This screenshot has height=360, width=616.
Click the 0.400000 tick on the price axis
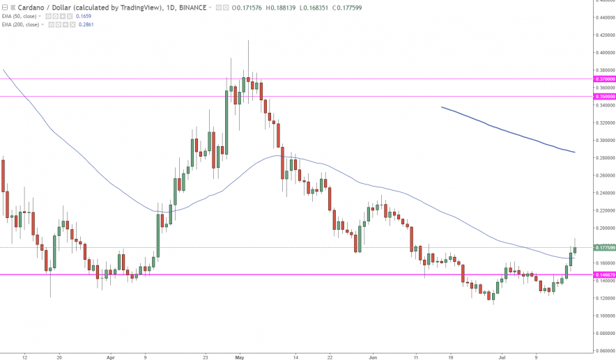(x=603, y=53)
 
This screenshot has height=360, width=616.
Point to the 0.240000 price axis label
(x=603, y=193)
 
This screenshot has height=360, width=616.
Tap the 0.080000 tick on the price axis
(x=603, y=333)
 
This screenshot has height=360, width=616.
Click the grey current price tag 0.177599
(x=603, y=247)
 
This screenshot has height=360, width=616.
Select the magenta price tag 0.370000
(x=603, y=79)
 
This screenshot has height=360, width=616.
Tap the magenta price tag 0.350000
(x=603, y=97)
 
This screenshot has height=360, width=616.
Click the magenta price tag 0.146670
(x=603, y=275)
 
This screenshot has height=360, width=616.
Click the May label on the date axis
(x=240, y=356)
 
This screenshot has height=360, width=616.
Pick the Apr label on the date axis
(x=110, y=356)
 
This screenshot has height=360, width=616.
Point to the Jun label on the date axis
(x=372, y=356)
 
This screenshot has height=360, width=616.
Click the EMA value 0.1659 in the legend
(x=84, y=15)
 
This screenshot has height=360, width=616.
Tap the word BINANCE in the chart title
(x=194, y=7)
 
